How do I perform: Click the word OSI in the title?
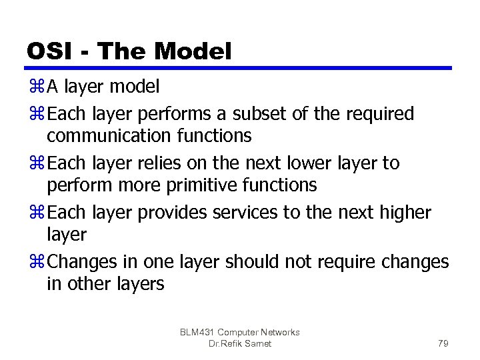coord(51,51)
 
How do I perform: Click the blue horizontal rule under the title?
coord(239,68)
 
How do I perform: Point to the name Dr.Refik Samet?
coord(239,343)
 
